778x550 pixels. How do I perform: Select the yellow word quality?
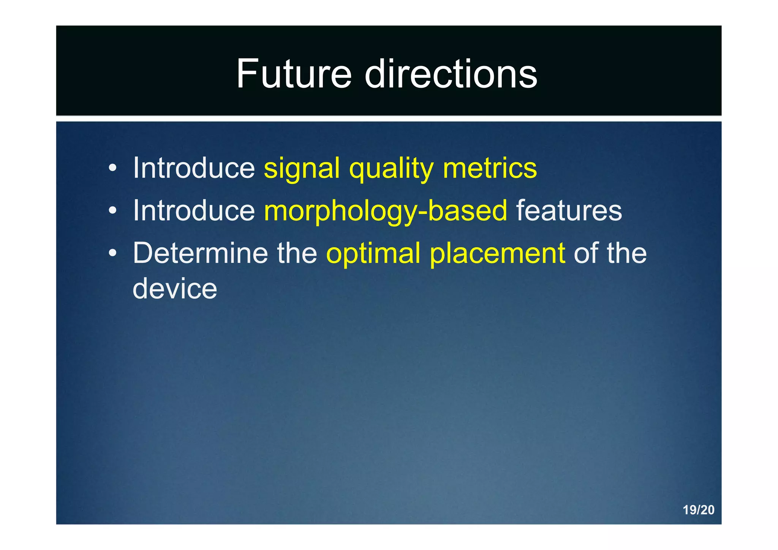391,169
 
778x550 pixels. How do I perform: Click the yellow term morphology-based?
386,211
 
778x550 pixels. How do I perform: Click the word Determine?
200,253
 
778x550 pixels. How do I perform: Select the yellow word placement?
497,254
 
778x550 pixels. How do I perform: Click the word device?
175,288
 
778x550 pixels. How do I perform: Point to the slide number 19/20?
698,510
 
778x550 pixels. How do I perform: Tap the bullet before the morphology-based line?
112,211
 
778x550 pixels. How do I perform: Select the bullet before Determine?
112,253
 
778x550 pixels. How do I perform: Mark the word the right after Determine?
297,253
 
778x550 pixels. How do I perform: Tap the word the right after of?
626,253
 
